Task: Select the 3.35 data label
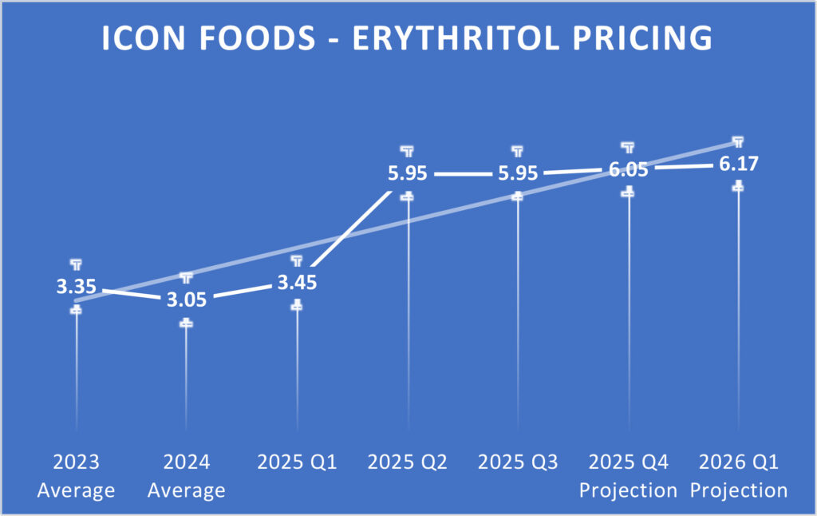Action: tap(76, 287)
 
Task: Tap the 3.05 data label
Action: tap(186, 300)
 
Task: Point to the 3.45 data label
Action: tap(297, 283)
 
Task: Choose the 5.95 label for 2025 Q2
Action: tap(408, 173)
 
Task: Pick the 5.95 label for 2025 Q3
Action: tap(518, 173)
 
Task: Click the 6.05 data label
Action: tap(628, 169)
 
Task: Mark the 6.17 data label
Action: tap(738, 164)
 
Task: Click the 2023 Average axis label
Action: tap(76, 475)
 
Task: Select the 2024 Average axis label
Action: tap(186, 475)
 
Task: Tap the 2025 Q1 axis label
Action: tap(297, 462)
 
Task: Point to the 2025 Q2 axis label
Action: tap(408, 462)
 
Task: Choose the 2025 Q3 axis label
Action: tap(518, 462)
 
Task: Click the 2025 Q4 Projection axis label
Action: tap(628, 475)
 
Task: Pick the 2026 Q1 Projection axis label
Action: tap(739, 475)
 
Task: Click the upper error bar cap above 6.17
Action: tap(739, 141)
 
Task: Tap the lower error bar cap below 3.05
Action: tap(186, 323)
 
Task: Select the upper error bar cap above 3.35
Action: tap(76, 263)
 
